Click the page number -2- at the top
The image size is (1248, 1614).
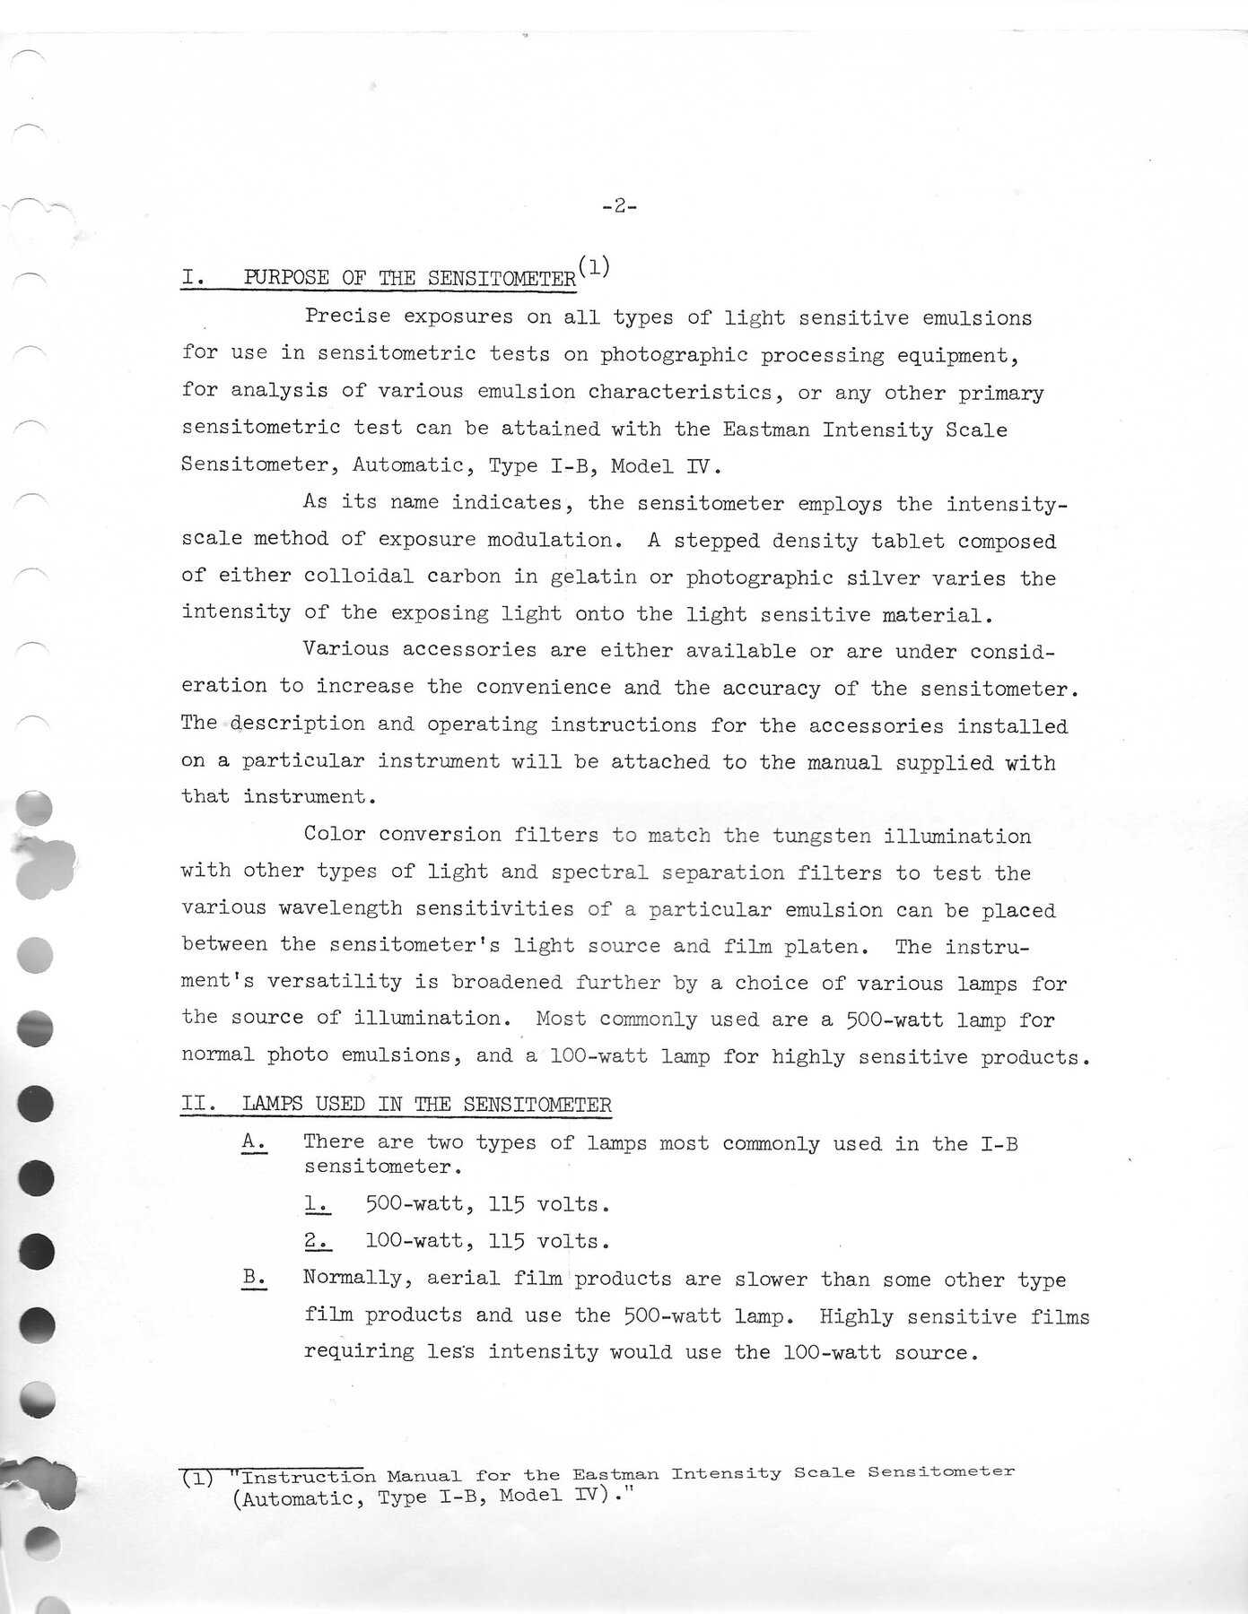(619, 207)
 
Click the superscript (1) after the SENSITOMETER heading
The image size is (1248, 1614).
(594, 266)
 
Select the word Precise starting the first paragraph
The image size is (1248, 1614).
(346, 317)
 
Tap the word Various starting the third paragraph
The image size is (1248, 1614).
(346, 649)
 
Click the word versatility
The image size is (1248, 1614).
(340, 982)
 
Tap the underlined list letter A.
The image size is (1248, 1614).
(253, 1143)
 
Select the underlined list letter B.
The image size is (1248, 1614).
(253, 1280)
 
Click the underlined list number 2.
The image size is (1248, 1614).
(317, 1242)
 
